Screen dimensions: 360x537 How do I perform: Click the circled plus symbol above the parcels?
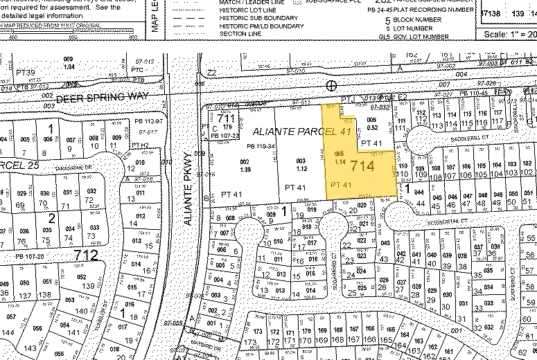tap(331, 85)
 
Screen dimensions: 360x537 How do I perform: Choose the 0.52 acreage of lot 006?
tap(371, 127)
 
